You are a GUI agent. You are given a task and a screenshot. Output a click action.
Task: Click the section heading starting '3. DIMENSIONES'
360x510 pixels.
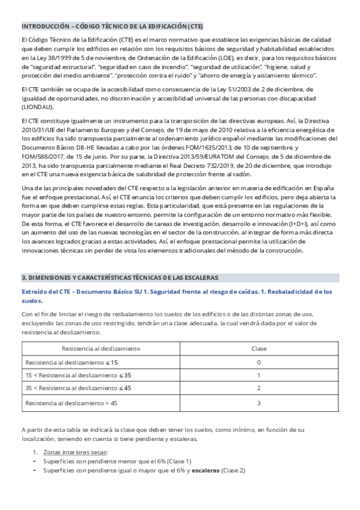coord(120,277)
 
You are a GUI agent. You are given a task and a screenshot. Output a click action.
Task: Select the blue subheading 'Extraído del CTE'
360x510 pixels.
coord(50,292)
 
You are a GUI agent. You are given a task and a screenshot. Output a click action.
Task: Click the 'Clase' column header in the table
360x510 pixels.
coord(258,348)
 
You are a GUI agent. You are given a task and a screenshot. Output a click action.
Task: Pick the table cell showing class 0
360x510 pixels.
coord(258,362)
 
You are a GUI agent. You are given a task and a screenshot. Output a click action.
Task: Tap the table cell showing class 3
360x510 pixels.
coord(258,402)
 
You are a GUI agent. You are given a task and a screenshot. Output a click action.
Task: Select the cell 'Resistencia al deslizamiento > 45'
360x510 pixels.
coord(71,402)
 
